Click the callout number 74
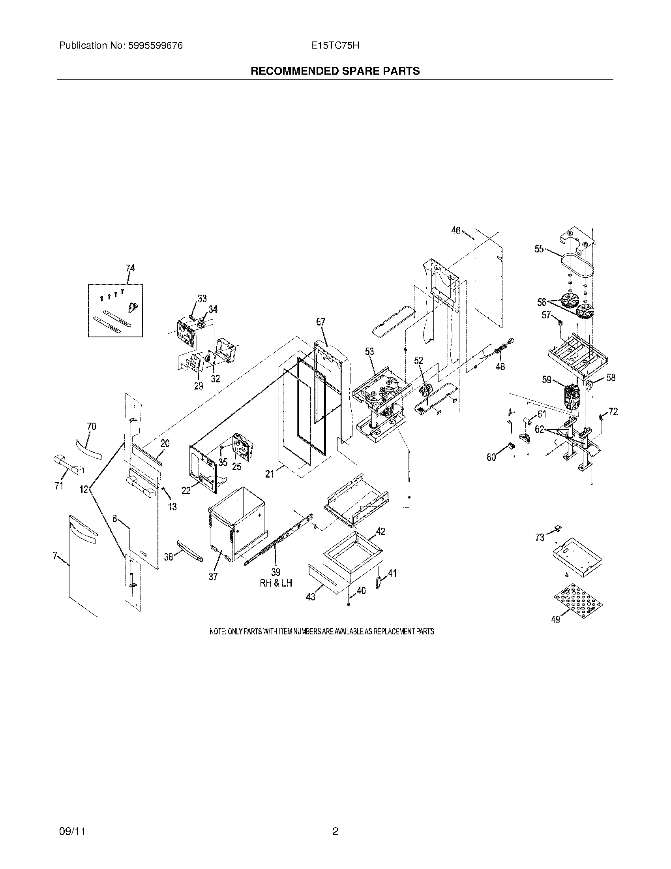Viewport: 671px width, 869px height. (x=130, y=268)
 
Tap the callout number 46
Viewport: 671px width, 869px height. (x=455, y=231)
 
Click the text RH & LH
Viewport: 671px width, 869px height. (x=276, y=583)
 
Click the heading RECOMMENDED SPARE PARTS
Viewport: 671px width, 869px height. (x=335, y=71)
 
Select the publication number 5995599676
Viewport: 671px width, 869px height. (x=156, y=46)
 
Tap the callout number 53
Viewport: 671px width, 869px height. (x=369, y=351)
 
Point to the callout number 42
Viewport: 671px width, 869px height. (x=380, y=531)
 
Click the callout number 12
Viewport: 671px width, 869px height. (x=84, y=489)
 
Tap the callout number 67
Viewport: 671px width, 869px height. (x=321, y=322)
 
